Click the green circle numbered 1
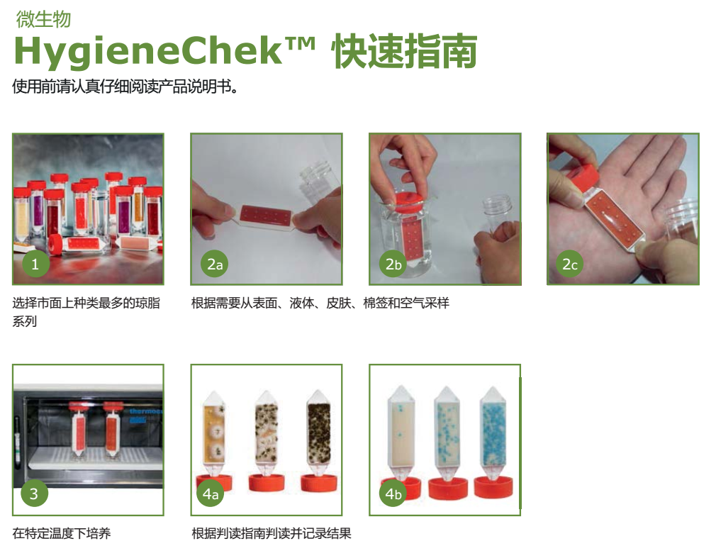35,263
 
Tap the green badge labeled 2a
215,264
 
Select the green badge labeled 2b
393,264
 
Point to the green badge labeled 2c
569,264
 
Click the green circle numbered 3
34,493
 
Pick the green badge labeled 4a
210,494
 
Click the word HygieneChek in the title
148,52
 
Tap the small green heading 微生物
43,19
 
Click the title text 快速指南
405,51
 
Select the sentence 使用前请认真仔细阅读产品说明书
125,86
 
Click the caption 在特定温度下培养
62,533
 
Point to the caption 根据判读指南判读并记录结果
272,533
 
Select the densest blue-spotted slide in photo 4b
493,432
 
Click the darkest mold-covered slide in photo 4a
319,433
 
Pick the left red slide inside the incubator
79,433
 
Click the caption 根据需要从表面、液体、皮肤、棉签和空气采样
320,303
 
